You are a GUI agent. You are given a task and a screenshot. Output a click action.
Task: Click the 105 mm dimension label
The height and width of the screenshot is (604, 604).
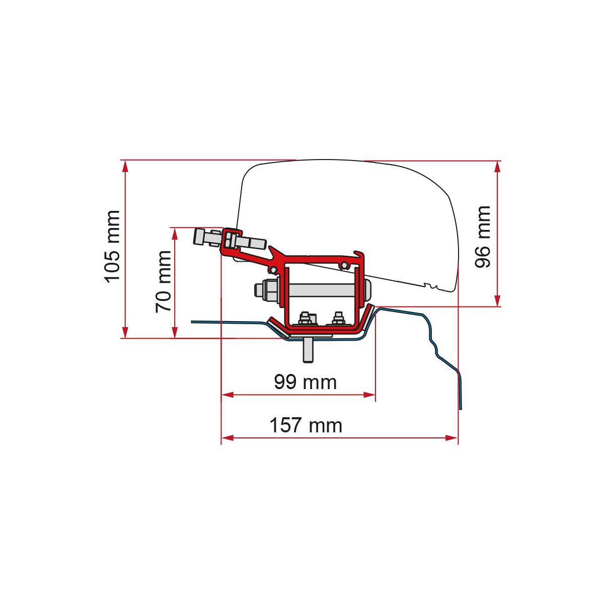[x=113, y=247]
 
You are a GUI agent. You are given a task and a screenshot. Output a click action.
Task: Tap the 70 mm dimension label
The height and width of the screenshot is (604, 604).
[x=163, y=281]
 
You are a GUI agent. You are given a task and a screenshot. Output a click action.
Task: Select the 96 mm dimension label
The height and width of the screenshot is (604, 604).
[x=482, y=237]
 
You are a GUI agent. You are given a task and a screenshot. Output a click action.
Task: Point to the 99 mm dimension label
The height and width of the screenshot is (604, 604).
[x=306, y=382]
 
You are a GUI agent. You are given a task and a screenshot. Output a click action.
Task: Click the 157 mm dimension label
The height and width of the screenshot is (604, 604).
[x=306, y=425]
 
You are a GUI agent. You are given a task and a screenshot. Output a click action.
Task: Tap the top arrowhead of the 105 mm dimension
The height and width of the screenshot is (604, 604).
[x=125, y=166]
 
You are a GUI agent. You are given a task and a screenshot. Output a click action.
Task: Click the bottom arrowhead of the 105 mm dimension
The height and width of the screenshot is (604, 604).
[x=125, y=332]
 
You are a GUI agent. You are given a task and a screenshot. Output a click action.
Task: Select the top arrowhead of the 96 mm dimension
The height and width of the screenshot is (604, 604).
[x=497, y=167]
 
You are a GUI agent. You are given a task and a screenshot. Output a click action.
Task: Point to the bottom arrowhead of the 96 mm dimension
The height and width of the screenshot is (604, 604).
[x=497, y=300]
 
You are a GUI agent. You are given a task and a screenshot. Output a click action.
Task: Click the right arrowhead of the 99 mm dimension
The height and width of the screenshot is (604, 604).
[x=369, y=395]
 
